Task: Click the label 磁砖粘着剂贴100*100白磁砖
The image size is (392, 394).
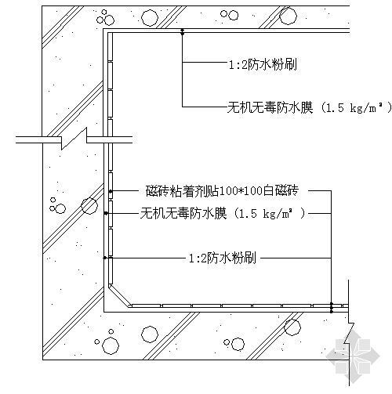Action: (222, 191)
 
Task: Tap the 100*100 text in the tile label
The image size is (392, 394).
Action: (240, 191)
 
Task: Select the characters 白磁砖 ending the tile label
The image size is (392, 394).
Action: (281, 191)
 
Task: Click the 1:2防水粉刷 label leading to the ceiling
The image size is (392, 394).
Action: (263, 64)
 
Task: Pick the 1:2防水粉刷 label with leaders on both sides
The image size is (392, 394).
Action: (222, 258)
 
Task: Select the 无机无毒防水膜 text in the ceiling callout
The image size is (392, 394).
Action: (270, 107)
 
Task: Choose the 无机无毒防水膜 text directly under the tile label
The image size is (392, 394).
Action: (183, 213)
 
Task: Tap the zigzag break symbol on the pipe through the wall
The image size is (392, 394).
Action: (74, 139)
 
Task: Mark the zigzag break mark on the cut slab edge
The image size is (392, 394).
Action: (350, 333)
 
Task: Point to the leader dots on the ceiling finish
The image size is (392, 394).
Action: (183, 32)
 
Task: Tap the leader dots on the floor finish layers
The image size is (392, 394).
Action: (332, 308)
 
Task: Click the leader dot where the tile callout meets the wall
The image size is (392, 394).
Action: (111, 191)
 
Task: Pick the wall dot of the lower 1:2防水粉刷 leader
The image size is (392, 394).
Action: (104, 258)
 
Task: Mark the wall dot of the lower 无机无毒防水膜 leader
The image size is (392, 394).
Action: (106, 213)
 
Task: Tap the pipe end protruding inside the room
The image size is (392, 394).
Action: (123, 139)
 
